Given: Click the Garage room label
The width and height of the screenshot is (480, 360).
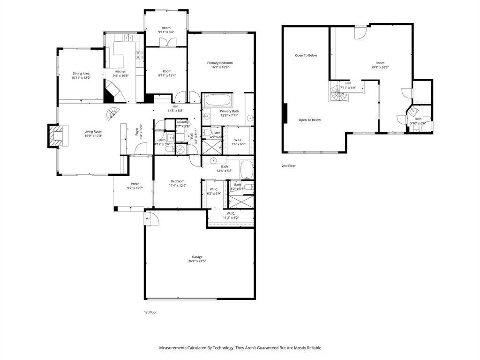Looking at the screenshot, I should [x=197, y=257].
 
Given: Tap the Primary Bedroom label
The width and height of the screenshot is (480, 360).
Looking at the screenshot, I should [x=220, y=63].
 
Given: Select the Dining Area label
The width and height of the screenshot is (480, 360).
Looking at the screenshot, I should [x=81, y=74].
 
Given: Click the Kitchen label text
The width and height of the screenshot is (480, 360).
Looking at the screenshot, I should [x=120, y=71].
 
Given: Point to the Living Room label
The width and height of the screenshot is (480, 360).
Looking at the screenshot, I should [x=93, y=132].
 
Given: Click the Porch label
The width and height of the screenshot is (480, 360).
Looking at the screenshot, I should [x=135, y=184].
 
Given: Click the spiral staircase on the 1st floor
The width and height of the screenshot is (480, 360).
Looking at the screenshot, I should [x=112, y=113].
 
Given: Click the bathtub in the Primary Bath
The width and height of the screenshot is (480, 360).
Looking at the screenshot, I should [x=217, y=100].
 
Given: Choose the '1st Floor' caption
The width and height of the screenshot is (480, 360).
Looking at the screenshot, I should [x=150, y=312].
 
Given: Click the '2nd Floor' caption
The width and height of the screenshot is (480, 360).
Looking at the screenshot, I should [x=289, y=166].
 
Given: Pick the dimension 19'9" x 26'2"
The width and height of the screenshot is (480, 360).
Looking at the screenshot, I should [x=380, y=67].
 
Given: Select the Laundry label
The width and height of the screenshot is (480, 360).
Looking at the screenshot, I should [x=182, y=122].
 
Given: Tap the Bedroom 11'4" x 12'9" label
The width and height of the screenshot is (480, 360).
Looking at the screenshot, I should [x=177, y=181].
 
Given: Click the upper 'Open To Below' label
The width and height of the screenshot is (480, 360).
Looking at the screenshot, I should [x=306, y=55].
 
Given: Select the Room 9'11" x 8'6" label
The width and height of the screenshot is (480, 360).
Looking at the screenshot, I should [x=166, y=28].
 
